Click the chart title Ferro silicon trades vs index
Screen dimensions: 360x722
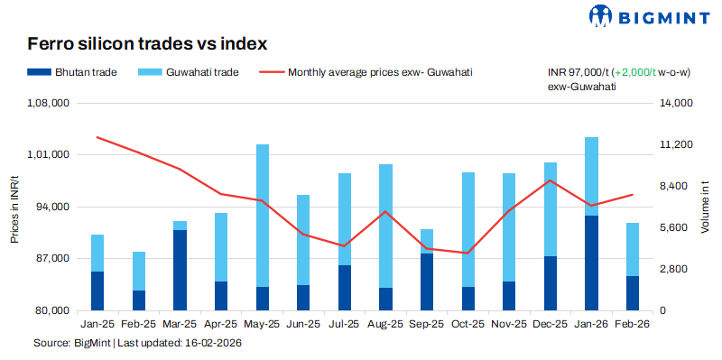point(147,43)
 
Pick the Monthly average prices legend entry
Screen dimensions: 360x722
point(366,72)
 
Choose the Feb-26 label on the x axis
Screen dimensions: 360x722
point(633,323)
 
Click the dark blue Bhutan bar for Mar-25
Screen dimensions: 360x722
point(180,270)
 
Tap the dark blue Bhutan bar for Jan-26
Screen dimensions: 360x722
point(592,263)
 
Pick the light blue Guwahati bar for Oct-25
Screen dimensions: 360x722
point(468,229)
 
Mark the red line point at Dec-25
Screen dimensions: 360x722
point(551,180)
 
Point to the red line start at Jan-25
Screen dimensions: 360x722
point(97,137)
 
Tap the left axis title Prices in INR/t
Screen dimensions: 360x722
point(14,208)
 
